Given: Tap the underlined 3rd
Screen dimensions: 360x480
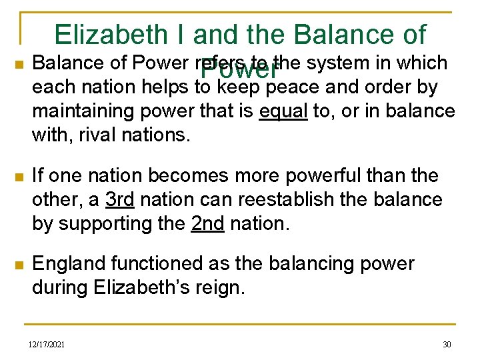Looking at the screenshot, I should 120,200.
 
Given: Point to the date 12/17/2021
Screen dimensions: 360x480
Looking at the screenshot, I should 47,344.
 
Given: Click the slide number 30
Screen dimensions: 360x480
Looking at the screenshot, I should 447,344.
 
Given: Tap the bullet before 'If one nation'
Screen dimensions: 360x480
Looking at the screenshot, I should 19,177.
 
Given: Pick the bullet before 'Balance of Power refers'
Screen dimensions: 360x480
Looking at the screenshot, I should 19,65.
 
